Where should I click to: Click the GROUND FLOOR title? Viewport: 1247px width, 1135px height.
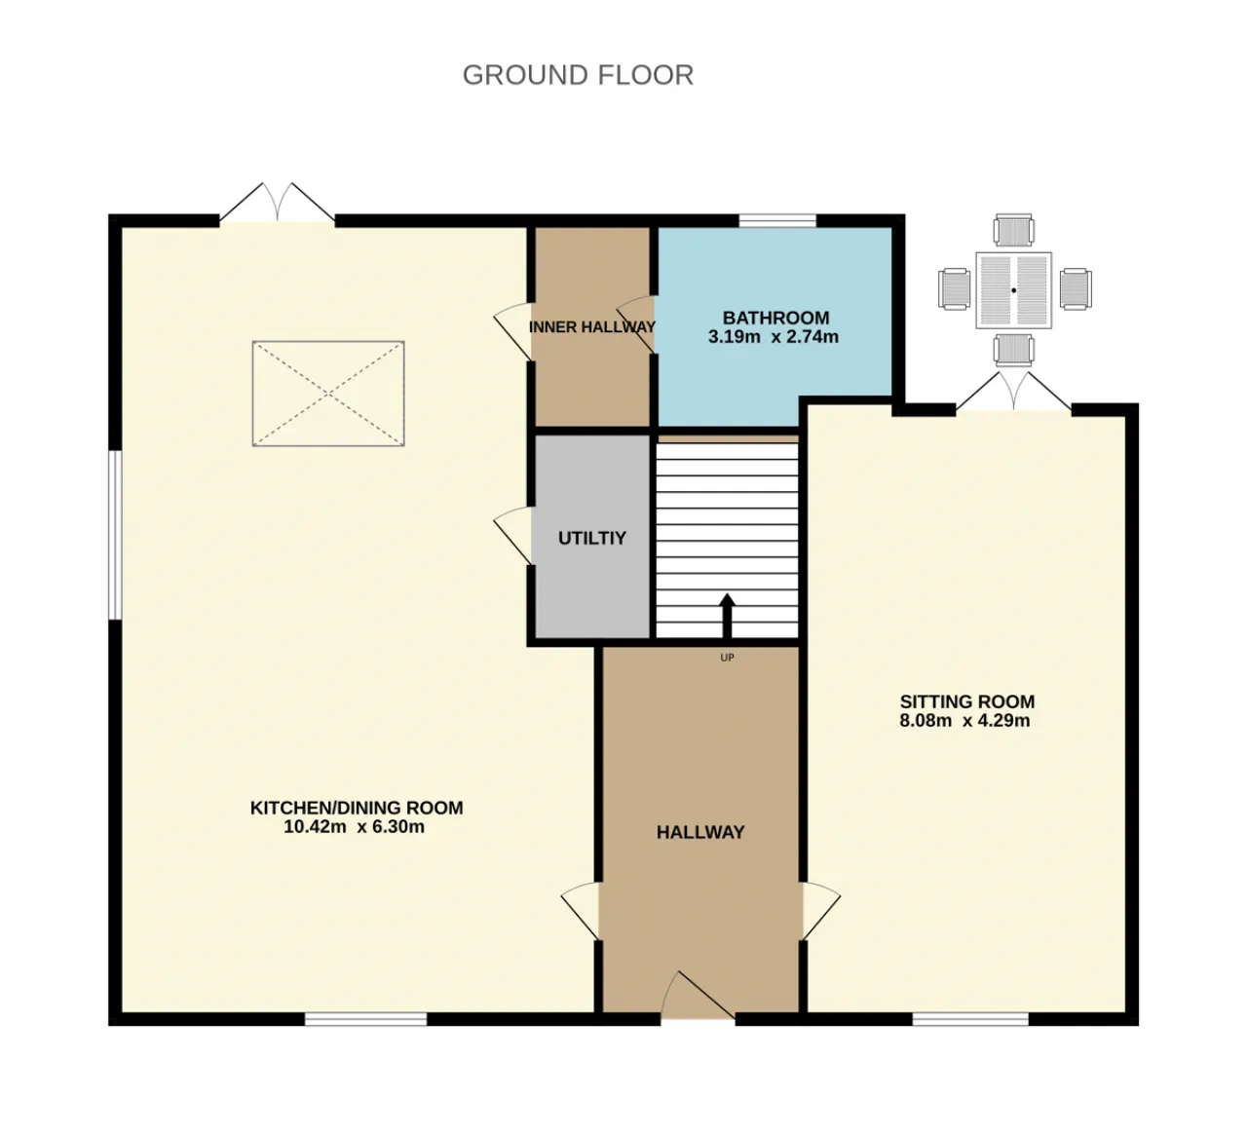578,75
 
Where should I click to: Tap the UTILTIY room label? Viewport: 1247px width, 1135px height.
591,538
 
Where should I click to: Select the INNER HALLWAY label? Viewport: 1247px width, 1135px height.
591,326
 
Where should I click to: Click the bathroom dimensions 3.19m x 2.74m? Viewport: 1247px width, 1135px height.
774,337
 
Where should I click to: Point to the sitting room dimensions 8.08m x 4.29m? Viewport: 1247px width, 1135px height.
964,721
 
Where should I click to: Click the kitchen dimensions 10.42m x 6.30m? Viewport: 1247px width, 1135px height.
355,827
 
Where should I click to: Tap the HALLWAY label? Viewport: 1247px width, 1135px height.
700,832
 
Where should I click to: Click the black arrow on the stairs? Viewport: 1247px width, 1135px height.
728,616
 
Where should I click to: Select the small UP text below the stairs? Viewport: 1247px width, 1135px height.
728,658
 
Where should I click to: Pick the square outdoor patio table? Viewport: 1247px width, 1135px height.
1014,290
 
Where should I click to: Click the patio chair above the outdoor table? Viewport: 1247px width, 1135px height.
1014,230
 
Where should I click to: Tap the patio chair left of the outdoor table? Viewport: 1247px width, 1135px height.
955,288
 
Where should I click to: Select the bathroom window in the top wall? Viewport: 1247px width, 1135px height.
777,221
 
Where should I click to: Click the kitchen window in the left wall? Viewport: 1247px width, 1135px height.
115,535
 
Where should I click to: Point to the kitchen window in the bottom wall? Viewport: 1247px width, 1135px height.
365,1019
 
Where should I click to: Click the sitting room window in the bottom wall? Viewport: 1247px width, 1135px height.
970,1019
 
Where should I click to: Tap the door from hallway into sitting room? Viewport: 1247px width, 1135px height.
820,911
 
